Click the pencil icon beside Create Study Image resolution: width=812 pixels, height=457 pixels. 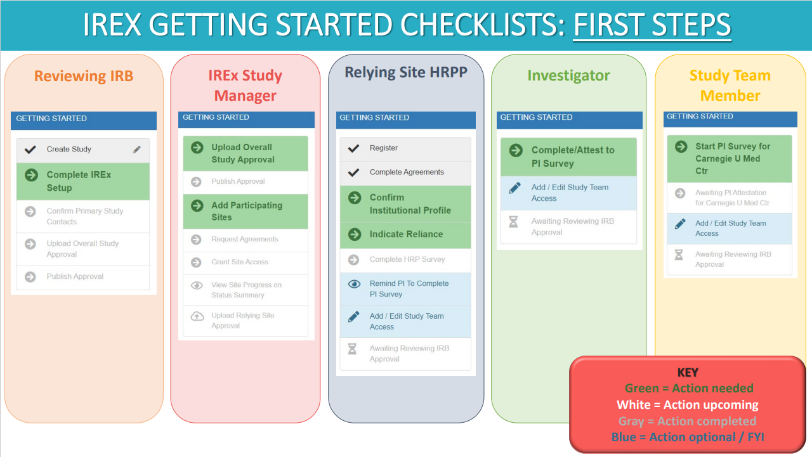136,149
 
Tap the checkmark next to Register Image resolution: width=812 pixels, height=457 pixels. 353,148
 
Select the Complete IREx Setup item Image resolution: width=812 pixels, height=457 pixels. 83,181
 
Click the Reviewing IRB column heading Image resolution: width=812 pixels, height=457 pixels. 84,76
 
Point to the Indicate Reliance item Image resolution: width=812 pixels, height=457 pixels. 405,235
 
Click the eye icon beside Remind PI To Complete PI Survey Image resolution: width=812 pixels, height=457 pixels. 354,284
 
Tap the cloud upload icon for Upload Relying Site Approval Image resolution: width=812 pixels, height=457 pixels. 197,316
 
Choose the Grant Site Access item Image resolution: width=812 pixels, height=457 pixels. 246,262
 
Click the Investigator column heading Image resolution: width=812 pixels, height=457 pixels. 568,75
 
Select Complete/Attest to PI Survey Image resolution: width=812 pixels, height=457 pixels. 568,157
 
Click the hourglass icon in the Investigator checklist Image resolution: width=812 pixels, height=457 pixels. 513,222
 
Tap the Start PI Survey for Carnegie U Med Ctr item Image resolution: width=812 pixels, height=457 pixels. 730,158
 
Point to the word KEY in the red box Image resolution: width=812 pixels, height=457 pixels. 688,372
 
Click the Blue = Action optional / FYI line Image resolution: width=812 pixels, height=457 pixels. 688,437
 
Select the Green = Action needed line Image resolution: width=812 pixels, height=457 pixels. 689,388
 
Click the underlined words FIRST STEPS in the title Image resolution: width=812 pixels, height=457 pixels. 652,25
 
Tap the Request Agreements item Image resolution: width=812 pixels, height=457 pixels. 246,240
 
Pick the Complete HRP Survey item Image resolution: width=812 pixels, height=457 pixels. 405,260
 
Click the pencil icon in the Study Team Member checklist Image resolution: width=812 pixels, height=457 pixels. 680,224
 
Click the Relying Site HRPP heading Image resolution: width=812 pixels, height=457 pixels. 406,72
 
